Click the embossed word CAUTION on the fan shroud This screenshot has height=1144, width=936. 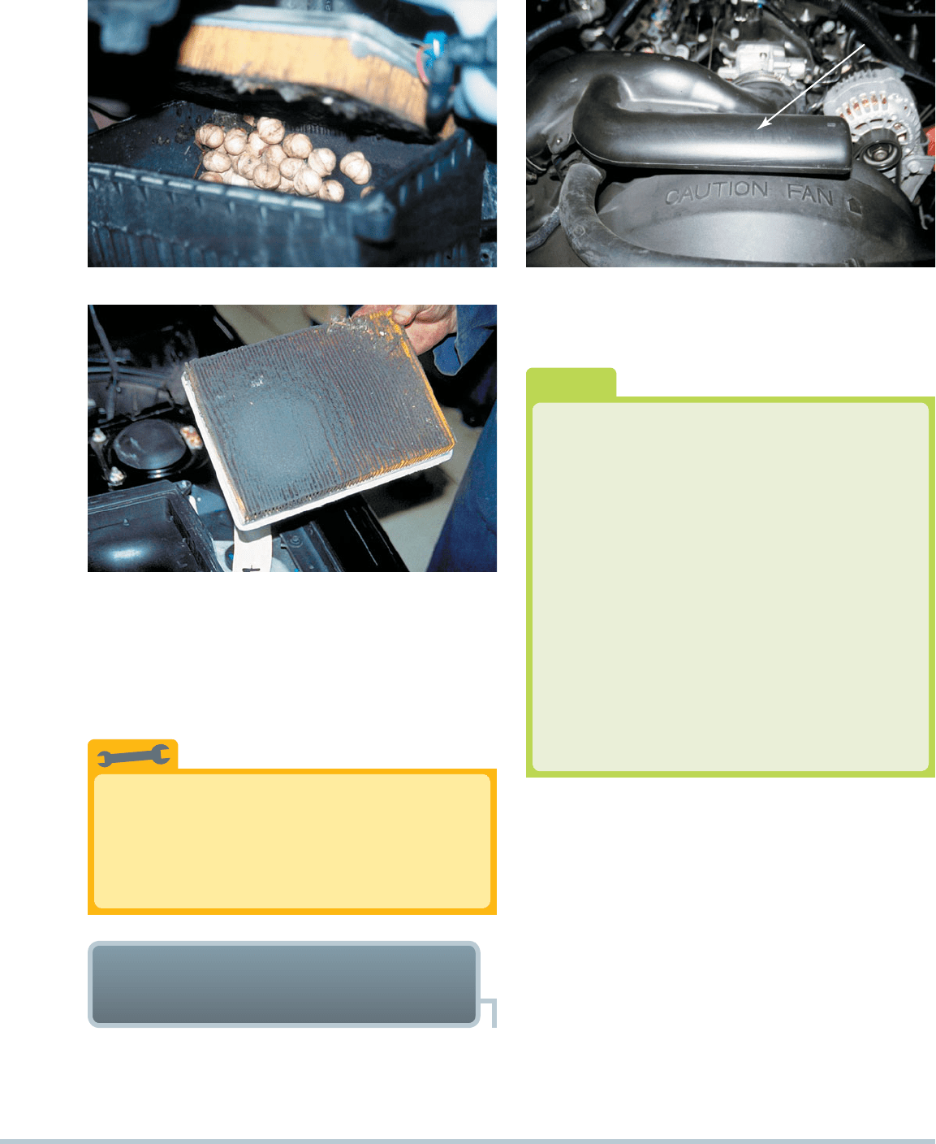(716, 193)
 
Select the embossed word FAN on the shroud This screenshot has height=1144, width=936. (810, 194)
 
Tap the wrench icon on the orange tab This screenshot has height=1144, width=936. (133, 755)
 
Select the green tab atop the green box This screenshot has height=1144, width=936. (571, 383)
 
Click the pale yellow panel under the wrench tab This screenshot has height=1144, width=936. (292, 841)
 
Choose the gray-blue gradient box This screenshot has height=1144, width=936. (284, 984)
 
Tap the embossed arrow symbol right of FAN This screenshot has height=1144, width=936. (855, 205)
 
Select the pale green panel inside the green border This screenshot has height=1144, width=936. (731, 587)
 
